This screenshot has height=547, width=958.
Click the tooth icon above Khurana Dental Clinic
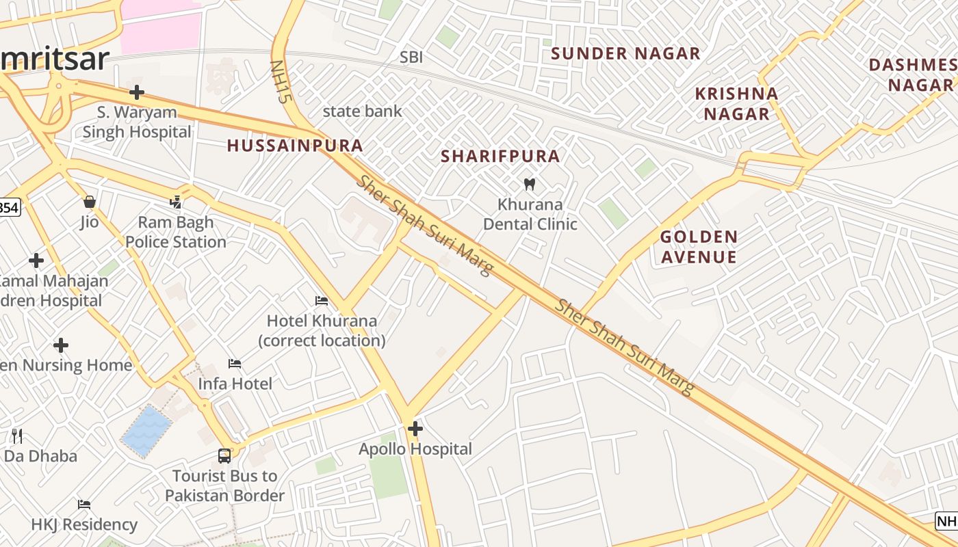click(529, 184)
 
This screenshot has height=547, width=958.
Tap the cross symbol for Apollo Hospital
click(415, 429)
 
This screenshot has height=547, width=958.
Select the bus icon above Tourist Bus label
click(224, 455)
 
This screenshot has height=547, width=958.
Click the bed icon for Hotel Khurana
click(321, 301)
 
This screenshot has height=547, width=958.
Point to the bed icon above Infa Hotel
click(235, 364)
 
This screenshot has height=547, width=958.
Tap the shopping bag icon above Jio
click(89, 202)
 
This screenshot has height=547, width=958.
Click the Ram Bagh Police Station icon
click(176, 202)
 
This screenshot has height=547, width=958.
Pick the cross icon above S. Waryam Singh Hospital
click(137, 92)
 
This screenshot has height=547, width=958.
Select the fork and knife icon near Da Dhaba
click(17, 436)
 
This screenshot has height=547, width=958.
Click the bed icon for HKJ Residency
click(84, 505)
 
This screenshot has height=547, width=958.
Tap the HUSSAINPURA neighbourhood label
click(295, 146)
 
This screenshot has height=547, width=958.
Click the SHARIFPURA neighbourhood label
click(500, 157)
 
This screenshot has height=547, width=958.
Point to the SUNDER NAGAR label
click(625, 53)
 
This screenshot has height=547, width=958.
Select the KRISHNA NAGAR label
click(736, 103)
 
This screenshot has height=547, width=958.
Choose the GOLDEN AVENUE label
click(699, 247)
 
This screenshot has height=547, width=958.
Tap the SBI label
click(411, 57)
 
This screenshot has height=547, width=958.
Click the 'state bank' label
click(362, 111)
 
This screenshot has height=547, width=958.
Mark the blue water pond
click(146, 431)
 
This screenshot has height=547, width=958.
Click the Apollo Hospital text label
click(415, 449)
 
